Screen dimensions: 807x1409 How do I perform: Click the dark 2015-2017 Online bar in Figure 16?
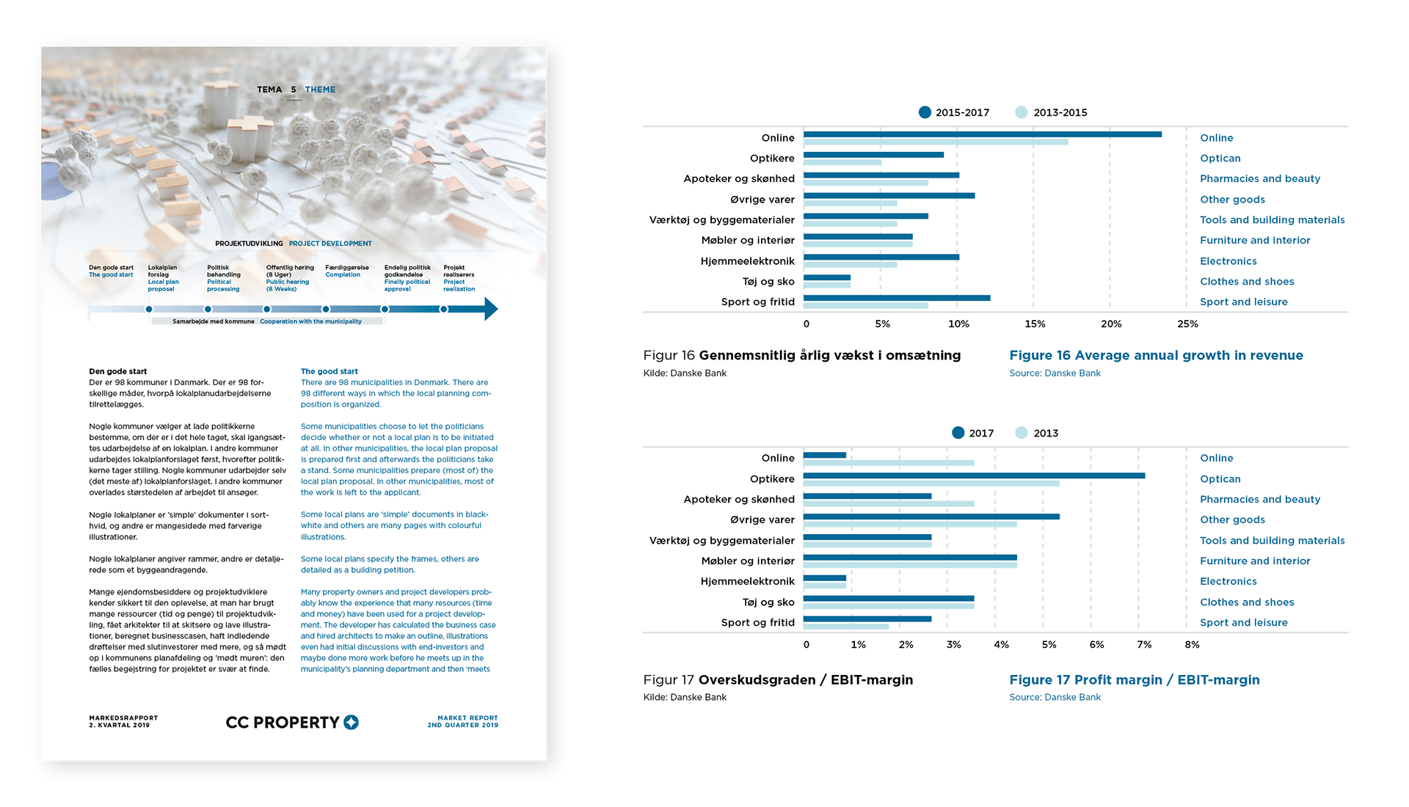[x=982, y=134]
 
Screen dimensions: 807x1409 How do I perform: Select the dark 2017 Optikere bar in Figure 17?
[x=974, y=475]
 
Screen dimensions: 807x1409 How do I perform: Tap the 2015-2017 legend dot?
[x=925, y=112]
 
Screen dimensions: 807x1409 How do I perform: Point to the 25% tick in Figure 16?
[x=1187, y=324]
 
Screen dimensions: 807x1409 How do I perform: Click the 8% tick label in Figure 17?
[x=1192, y=644]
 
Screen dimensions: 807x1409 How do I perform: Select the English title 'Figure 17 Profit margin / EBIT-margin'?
[x=1134, y=680]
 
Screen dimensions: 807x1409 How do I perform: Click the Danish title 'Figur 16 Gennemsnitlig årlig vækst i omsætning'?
[x=801, y=355]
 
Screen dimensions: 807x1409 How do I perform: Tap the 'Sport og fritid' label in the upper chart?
[x=757, y=302]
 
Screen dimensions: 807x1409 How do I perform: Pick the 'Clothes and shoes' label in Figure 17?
[x=1247, y=602]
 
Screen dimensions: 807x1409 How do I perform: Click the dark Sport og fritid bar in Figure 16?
[x=897, y=298]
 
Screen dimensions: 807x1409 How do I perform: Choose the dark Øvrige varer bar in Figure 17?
[x=931, y=516]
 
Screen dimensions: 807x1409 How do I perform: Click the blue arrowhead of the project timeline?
[x=491, y=309]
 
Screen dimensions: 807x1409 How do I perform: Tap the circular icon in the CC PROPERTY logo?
[x=352, y=723]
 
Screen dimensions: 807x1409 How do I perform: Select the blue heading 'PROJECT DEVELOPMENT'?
[x=330, y=244]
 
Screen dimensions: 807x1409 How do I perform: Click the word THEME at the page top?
[x=320, y=90]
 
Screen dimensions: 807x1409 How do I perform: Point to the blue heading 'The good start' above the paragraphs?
[x=330, y=371]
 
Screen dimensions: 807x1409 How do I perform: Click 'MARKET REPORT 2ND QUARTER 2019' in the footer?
[x=463, y=721]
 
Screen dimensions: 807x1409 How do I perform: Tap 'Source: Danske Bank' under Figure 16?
[x=1055, y=373]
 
